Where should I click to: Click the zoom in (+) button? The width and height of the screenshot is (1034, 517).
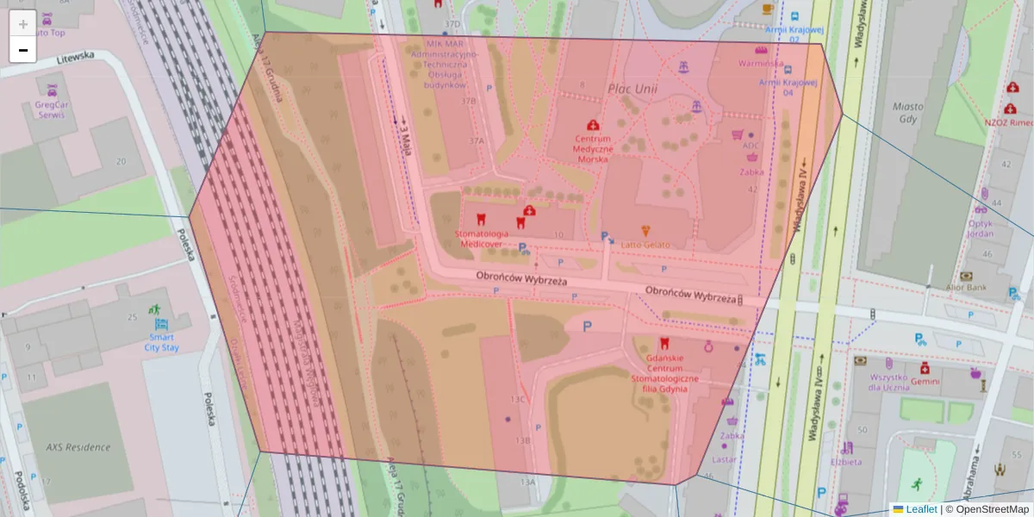pyautogui.click(x=23, y=23)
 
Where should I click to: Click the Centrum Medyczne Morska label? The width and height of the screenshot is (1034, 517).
pyautogui.click(x=592, y=148)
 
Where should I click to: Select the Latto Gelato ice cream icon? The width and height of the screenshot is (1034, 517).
pyautogui.click(x=646, y=231)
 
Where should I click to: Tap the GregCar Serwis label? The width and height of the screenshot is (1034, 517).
pyautogui.click(x=51, y=109)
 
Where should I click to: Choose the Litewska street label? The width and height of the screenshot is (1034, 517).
pyautogui.click(x=75, y=57)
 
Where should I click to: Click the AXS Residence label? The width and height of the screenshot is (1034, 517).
pyautogui.click(x=78, y=447)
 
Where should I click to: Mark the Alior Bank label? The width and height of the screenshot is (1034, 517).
pyautogui.click(x=966, y=287)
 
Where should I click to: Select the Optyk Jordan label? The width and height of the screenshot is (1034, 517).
pyautogui.click(x=980, y=228)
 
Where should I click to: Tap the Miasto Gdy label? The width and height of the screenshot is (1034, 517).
pyautogui.click(x=908, y=113)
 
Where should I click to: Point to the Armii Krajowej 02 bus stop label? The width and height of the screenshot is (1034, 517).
pyautogui.click(x=788, y=34)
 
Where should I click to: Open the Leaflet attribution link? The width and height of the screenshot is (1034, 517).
pyautogui.click(x=920, y=509)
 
